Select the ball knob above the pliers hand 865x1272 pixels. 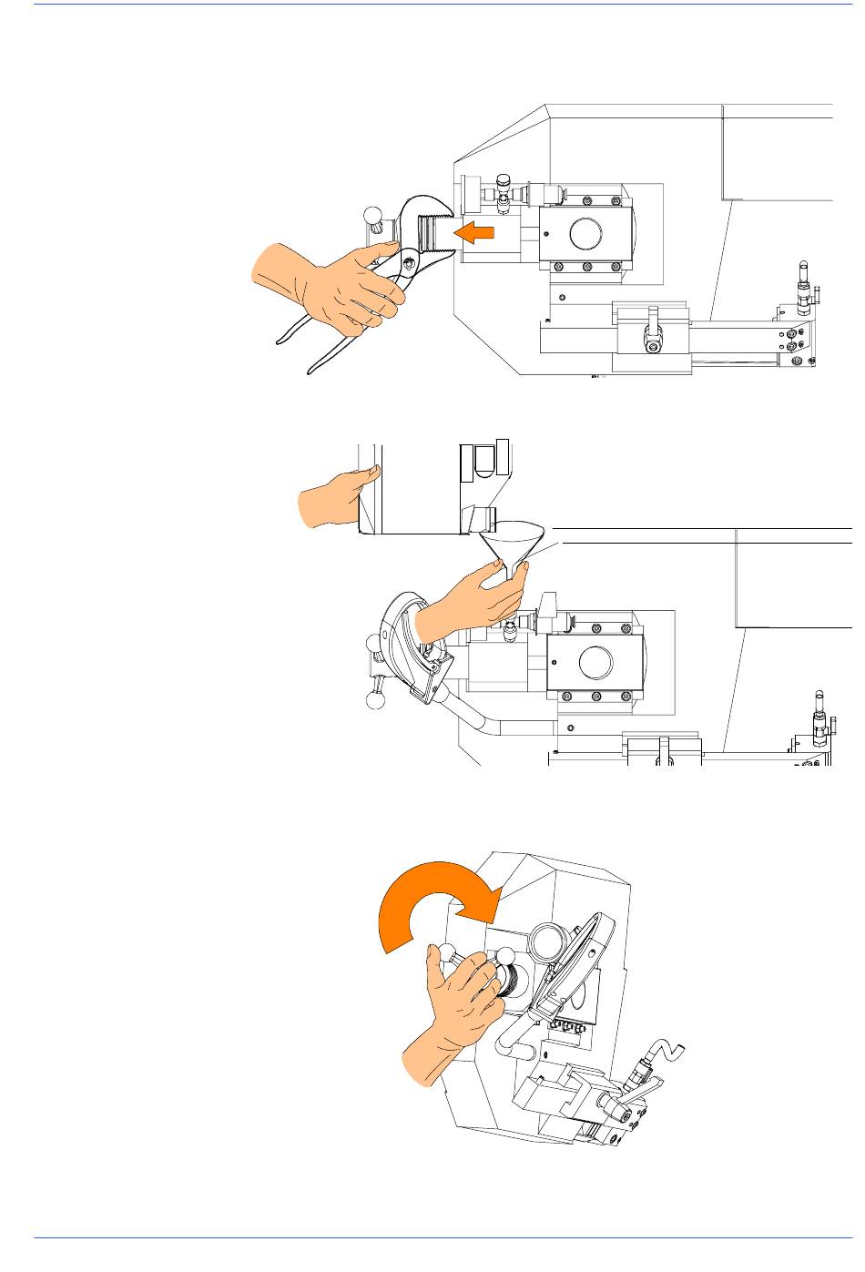(374, 217)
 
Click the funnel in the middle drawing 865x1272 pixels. (513, 546)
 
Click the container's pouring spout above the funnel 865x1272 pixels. (481, 521)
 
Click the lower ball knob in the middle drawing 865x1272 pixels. (373, 700)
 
